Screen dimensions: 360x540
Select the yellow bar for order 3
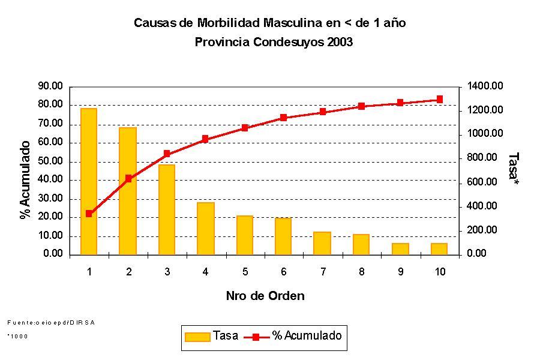point(167,209)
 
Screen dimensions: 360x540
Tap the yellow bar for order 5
point(245,235)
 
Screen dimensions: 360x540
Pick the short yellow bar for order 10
point(439,248)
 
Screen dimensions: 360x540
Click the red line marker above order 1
point(89,214)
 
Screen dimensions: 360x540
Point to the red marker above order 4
point(205,139)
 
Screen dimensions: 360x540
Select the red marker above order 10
point(439,100)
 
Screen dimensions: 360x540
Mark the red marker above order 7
point(323,112)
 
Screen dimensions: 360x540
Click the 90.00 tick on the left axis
point(50,86)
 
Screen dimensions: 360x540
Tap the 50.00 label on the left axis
point(50,161)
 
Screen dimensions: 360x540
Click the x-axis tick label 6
point(284,272)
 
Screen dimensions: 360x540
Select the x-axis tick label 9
point(401,272)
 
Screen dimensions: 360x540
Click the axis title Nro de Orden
point(265,296)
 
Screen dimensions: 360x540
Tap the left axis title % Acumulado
point(25,180)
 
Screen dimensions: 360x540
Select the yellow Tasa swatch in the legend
point(197,337)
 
